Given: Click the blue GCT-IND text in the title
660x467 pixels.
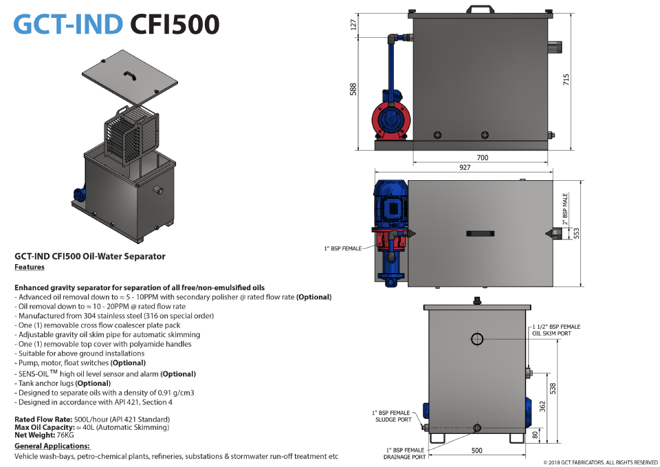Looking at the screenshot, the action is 68,24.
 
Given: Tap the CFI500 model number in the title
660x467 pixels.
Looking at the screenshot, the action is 175,24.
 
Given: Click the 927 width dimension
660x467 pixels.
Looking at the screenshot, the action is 465,167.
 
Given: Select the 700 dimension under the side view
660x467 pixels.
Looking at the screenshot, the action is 483,158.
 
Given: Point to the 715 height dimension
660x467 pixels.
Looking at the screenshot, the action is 566,80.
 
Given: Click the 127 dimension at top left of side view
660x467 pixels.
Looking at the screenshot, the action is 353,25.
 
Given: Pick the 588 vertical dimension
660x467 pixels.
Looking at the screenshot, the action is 353,89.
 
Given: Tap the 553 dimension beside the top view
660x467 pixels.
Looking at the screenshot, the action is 577,233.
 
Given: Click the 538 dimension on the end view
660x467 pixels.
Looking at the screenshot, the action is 553,389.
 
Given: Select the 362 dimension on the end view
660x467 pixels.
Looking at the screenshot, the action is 542,406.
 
